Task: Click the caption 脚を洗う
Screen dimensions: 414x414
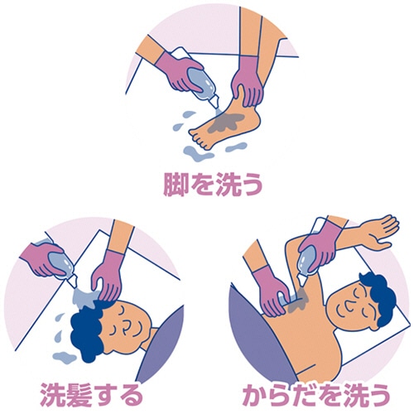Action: pos(213,185)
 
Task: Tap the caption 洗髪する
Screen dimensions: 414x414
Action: pos(91,395)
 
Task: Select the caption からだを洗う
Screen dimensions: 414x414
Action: pos(316,395)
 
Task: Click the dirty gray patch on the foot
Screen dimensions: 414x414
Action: pos(226,122)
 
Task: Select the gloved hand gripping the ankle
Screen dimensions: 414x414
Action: pos(247,81)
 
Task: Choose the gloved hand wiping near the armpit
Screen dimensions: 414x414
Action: pos(272,291)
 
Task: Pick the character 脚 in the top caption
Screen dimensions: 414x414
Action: pos(176,185)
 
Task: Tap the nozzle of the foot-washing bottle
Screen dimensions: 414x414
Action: pos(214,103)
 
